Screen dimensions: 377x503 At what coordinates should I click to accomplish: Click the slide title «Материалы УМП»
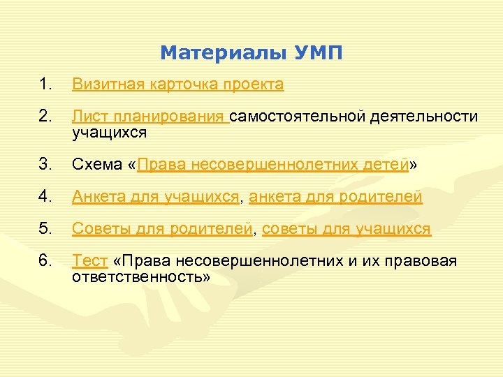point(251,53)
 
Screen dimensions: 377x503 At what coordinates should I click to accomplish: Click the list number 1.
point(45,85)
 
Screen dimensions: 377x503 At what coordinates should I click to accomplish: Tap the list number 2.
point(45,117)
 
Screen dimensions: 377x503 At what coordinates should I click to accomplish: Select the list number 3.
point(45,165)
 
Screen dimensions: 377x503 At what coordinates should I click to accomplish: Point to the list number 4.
point(45,198)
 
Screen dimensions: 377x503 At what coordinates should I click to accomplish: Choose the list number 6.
point(45,261)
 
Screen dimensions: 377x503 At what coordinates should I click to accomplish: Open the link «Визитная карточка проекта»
point(178,85)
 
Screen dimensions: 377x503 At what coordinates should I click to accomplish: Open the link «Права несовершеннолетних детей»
point(273,165)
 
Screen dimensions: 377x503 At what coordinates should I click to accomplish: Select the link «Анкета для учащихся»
point(156,198)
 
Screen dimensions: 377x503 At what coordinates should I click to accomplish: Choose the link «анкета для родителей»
point(335,198)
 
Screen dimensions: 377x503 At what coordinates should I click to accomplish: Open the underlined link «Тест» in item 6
point(90,261)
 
